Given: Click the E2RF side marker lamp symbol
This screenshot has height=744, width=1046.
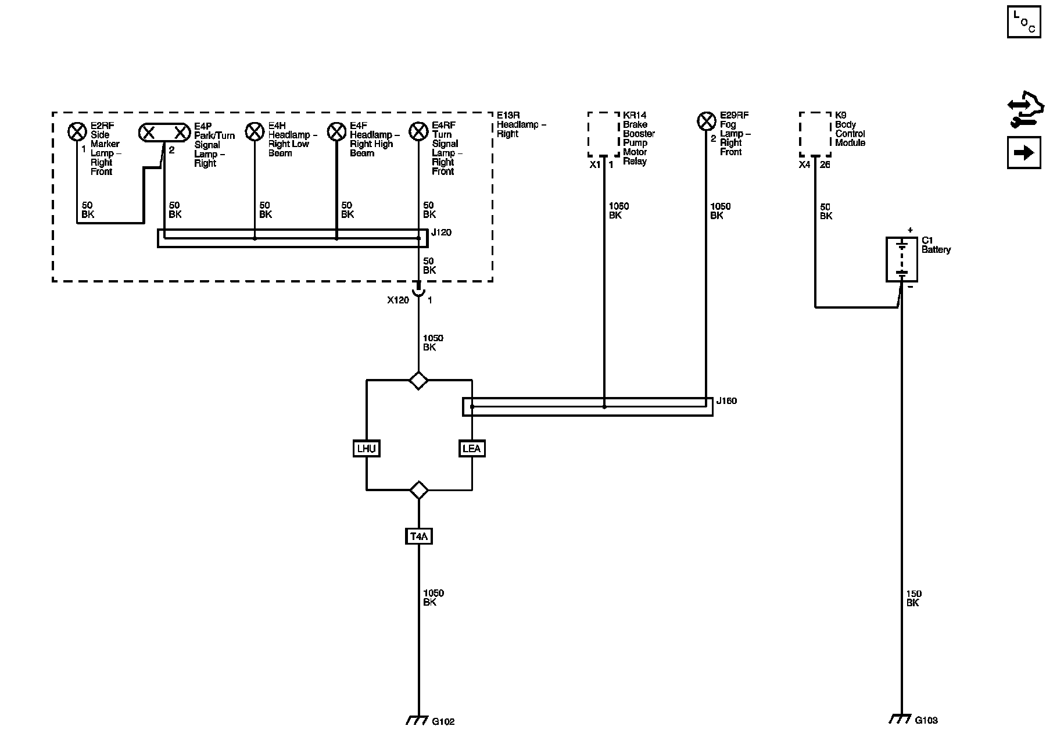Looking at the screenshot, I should (77, 132).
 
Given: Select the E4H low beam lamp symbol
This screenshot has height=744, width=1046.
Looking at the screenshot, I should (255, 132).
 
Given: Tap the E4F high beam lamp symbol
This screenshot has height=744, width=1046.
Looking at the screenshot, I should (336, 132).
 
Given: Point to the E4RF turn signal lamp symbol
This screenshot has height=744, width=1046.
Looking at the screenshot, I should (418, 132).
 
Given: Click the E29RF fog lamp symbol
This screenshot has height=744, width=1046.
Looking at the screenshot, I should (706, 121).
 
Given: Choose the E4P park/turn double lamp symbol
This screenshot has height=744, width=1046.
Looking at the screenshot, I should (164, 133).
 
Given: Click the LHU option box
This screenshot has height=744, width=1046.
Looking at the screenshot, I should (367, 449).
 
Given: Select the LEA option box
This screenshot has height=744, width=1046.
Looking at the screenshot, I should (471, 449).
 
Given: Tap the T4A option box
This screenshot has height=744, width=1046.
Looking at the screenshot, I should (418, 536).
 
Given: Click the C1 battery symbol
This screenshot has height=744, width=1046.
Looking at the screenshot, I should (901, 259).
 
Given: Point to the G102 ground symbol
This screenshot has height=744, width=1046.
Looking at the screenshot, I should (414, 720).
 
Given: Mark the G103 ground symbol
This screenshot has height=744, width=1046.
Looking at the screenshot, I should (898, 719).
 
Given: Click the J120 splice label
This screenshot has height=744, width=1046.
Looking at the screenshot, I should (441, 233).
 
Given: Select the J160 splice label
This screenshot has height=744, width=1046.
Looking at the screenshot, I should (726, 401).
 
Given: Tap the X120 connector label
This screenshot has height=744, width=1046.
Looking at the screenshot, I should (398, 301).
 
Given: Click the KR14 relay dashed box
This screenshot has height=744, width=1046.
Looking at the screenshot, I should (604, 134).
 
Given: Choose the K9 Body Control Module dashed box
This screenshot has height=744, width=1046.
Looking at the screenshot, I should (815, 134).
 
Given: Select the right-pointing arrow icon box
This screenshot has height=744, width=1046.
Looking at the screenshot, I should (1024, 153).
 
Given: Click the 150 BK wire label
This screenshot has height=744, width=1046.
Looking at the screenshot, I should (914, 599).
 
